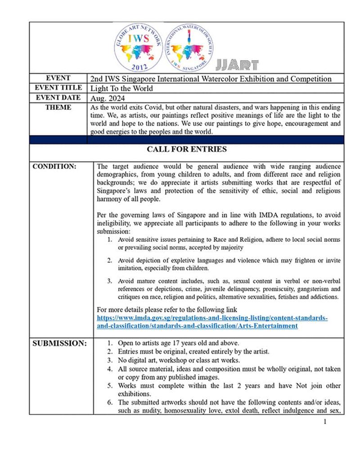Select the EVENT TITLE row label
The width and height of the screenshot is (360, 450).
pos(58,88)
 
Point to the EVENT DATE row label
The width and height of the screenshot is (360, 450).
pos(58,97)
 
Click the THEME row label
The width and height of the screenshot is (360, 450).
pos(58,107)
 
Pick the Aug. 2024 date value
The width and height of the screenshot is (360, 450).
pos(105,98)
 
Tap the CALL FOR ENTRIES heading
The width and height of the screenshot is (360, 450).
pos(187,149)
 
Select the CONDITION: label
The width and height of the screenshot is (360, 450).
pos(54,166)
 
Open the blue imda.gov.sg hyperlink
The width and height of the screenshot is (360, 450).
pos(212,322)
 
